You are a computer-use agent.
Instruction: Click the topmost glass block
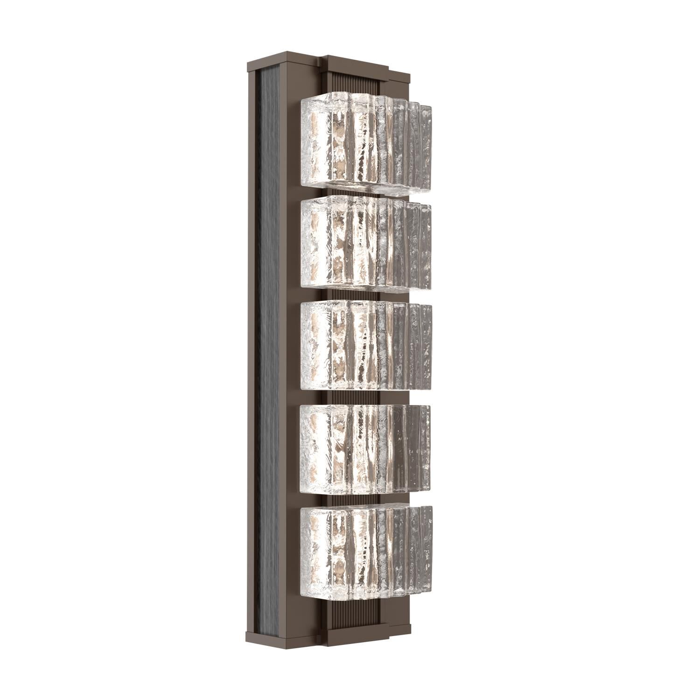[364, 142]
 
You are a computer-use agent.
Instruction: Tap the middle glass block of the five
[364, 345]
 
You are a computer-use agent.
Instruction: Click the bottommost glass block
[364, 551]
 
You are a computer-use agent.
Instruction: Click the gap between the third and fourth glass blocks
[355, 397]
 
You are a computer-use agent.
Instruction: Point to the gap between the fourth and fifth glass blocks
[355, 498]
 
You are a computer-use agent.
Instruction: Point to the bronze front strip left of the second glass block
[290, 245]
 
